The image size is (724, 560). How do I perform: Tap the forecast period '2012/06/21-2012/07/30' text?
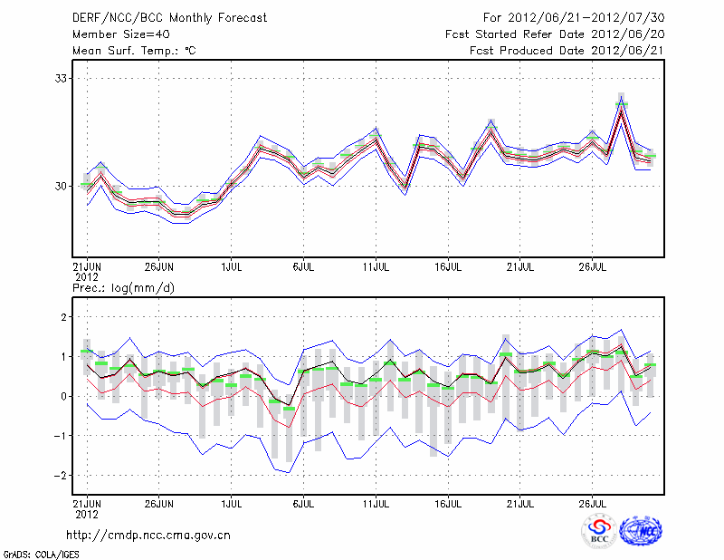click(x=586, y=17)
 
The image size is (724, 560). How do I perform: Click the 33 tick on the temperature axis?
click(x=61, y=78)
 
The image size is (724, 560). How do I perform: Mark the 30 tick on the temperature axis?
click(x=61, y=186)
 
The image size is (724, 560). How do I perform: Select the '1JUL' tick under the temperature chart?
click(x=231, y=267)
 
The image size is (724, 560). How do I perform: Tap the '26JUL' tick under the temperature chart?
click(x=592, y=267)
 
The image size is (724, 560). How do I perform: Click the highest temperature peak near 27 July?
click(x=622, y=104)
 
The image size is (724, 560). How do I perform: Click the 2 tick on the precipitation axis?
click(x=63, y=316)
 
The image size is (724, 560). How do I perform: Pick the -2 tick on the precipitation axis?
click(x=61, y=475)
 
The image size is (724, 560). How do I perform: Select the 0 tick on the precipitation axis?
click(x=63, y=396)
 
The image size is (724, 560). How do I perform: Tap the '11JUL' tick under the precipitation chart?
click(x=376, y=503)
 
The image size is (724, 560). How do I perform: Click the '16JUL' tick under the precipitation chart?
click(x=448, y=503)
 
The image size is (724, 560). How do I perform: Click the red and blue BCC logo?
click(x=599, y=531)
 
